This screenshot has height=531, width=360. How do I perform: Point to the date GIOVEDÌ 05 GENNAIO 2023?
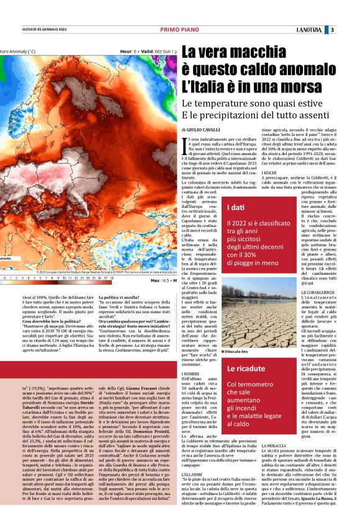tap(37, 30)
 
